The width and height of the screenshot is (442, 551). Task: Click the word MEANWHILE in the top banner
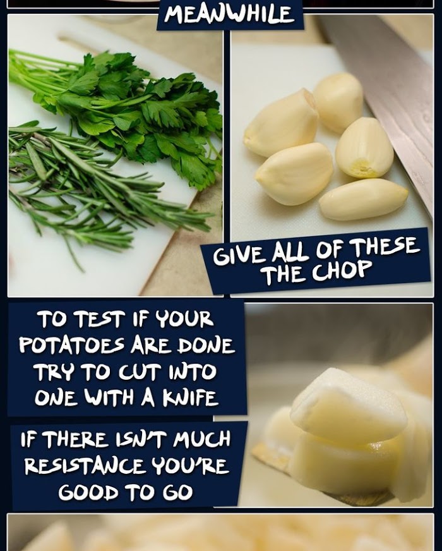point(229,14)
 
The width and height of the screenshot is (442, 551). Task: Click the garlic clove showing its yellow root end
point(364,148)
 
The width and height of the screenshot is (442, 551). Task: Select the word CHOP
point(342,270)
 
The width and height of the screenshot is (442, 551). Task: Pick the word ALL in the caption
point(290,252)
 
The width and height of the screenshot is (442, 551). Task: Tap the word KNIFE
point(190,397)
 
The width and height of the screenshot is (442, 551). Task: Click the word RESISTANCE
point(84,465)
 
